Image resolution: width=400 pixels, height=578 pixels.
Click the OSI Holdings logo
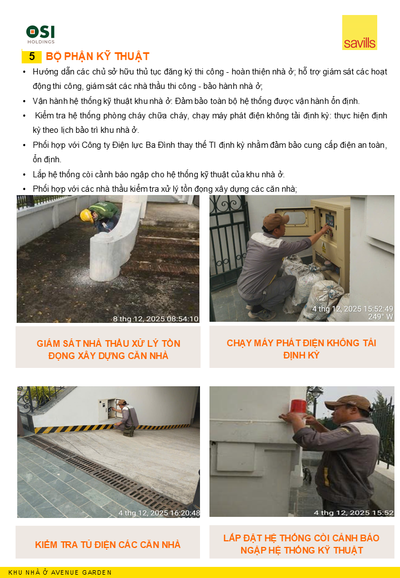[x=41, y=34]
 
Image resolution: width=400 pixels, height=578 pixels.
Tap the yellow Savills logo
[x=359, y=33]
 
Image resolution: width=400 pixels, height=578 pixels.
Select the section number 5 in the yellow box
[x=32, y=57]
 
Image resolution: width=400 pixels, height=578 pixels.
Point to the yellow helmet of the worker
[x=86, y=216]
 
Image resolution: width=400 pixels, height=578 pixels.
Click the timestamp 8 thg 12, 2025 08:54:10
[x=156, y=319]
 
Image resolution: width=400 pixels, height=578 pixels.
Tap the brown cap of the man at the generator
[x=276, y=221]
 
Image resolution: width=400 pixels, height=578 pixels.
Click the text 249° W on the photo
[x=381, y=317]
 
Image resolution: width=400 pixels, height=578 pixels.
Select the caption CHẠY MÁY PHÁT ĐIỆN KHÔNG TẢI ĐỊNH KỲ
[x=302, y=349]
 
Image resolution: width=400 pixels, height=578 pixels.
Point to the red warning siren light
[x=298, y=407]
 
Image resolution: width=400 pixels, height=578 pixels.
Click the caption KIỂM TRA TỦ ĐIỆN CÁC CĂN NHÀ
[x=108, y=544]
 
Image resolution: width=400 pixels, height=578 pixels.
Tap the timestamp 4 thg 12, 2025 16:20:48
[x=161, y=513]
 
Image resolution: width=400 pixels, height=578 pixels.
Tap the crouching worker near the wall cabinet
[x=128, y=417]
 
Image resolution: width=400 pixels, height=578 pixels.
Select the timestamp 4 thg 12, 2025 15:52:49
[x=353, y=309]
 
